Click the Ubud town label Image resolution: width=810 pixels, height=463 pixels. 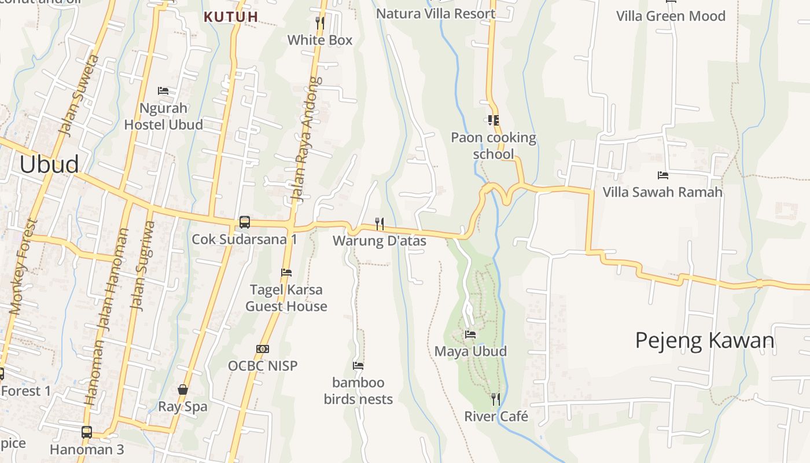[49, 164]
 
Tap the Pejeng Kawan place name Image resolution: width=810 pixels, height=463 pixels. [705, 340]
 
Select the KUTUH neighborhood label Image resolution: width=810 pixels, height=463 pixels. [231, 17]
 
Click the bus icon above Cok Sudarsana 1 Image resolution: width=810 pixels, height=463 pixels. [245, 222]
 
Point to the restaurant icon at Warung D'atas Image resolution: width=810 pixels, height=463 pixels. [380, 223]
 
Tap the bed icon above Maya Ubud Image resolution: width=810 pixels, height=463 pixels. [470, 335]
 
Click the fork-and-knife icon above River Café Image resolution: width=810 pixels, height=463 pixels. [496, 399]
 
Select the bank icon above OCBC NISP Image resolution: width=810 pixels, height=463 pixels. [263, 349]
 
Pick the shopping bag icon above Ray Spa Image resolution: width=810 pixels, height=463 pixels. [183, 389]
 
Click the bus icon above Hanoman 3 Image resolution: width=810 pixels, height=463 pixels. [87, 432]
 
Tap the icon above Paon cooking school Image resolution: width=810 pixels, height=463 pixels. [494, 120]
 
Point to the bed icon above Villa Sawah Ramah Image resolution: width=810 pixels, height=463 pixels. [663, 175]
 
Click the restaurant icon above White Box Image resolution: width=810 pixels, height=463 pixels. [319, 23]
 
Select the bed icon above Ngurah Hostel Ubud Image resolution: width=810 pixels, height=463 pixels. [163, 91]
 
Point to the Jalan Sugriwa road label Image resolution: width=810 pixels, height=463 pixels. [143, 266]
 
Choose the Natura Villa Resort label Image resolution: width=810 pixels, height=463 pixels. [436, 13]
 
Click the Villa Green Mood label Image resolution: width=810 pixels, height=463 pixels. [671, 16]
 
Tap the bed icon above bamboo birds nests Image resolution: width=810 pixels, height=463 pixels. [358, 366]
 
